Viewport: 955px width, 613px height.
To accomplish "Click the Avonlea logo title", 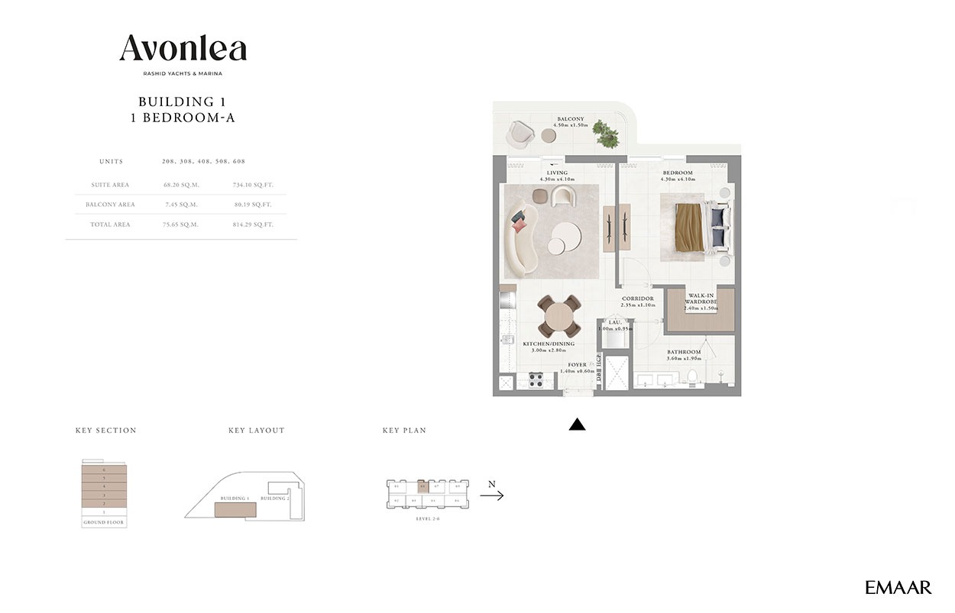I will pyautogui.click(x=183, y=49).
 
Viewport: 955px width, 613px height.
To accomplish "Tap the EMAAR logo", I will pyautogui.click(x=898, y=587).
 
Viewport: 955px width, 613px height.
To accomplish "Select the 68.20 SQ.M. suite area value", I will pyautogui.click(x=180, y=185).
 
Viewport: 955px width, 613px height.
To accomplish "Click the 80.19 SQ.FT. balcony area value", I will pyautogui.click(x=252, y=205).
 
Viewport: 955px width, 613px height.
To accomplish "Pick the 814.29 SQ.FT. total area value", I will pyautogui.click(x=252, y=224).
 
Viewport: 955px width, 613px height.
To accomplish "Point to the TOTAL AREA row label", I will pyautogui.click(x=112, y=224).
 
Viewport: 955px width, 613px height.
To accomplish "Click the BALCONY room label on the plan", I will pyautogui.click(x=570, y=119).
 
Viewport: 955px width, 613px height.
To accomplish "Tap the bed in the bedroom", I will pyautogui.click(x=695, y=227).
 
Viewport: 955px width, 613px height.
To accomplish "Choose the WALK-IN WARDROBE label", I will pyautogui.click(x=701, y=298).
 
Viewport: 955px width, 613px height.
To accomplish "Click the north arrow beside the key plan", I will pyautogui.click(x=492, y=495).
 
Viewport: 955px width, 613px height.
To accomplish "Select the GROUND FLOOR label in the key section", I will pyautogui.click(x=104, y=523).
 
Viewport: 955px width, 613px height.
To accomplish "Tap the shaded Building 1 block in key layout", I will pyautogui.click(x=240, y=509).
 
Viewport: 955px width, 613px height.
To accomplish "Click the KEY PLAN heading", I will pyautogui.click(x=404, y=431).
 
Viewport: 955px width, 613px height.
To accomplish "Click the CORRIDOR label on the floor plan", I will pyautogui.click(x=637, y=298).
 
